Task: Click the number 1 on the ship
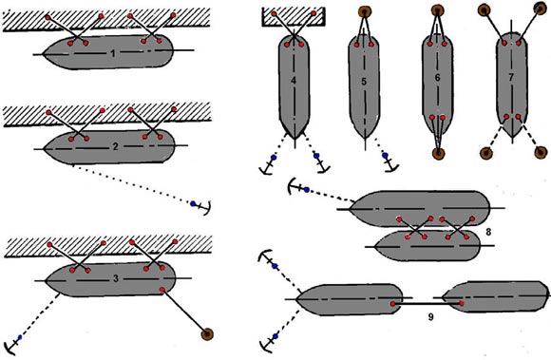point(112,54)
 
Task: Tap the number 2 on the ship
point(115,147)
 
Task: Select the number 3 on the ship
point(116,279)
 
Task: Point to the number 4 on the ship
point(294,81)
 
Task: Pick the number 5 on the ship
point(364,82)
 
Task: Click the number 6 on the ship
point(437,78)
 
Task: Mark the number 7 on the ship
point(511,78)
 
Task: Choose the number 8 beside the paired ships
point(487,232)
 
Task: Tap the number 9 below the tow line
point(430,317)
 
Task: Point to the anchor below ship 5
point(390,164)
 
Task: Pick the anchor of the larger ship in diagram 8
point(294,186)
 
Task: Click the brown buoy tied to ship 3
point(207,334)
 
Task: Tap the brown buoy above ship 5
point(365,10)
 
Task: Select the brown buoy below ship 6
point(438,154)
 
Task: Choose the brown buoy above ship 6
point(438,9)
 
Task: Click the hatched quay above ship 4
point(294,17)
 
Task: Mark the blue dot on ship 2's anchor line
point(193,203)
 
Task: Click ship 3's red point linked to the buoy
point(162,290)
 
